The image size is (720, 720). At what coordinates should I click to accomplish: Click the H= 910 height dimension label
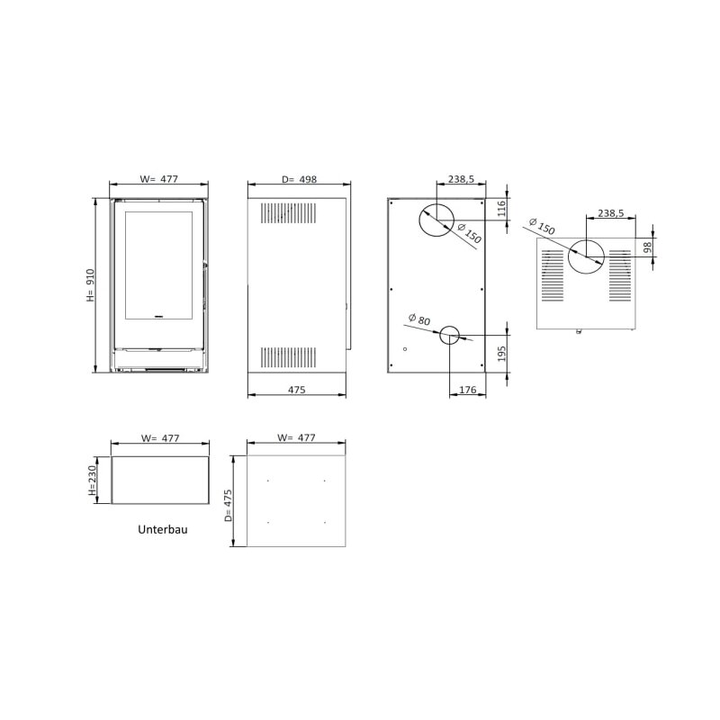pyautogui.click(x=90, y=285)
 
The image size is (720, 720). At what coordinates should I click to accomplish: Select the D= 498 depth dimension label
pyautogui.click(x=300, y=179)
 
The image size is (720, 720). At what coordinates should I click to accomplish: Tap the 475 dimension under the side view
pyautogui.click(x=297, y=390)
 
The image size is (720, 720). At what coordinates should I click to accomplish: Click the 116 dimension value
pyautogui.click(x=501, y=209)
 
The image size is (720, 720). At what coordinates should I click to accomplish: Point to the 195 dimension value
pyautogui.click(x=501, y=354)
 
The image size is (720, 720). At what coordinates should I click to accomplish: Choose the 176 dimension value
pyautogui.click(x=467, y=390)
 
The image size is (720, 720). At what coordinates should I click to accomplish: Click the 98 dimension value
pyautogui.click(x=647, y=247)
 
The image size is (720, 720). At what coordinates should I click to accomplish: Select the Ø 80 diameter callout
pyautogui.click(x=418, y=319)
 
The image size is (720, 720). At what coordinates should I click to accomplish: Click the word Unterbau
pyautogui.click(x=163, y=529)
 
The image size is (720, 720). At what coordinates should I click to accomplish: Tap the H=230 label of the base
pyautogui.click(x=92, y=481)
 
